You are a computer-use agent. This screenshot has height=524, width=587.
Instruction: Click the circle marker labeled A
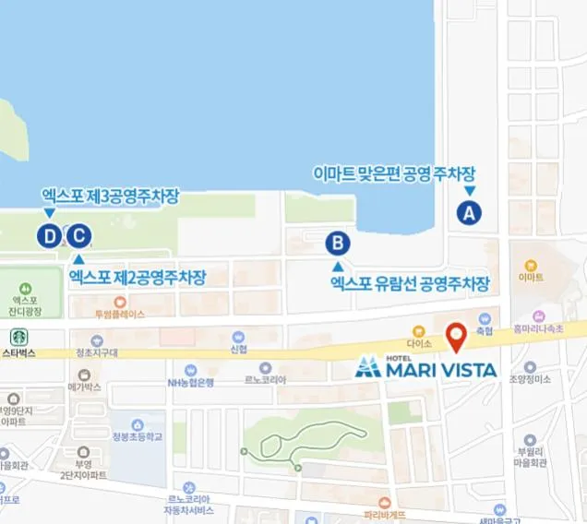469,213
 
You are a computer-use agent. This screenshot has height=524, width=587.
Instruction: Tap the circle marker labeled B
338,244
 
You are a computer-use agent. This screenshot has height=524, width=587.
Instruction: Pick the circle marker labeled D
49,236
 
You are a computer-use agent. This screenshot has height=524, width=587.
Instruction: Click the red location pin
455,337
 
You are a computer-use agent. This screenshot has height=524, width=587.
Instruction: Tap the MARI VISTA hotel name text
439,370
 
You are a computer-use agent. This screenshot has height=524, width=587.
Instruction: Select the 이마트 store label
531,276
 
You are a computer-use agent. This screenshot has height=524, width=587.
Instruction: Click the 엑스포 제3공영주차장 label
109,196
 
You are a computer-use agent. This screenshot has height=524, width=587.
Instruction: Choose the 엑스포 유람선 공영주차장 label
409,284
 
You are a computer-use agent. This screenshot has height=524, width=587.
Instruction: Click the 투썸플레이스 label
119,314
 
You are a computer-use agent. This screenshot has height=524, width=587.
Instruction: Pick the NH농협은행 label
190,382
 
